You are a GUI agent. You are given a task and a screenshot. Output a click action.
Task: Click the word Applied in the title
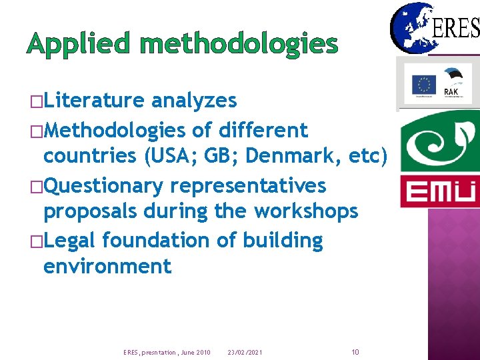pyautogui.click(x=79, y=45)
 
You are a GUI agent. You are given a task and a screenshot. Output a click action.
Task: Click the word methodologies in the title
pyautogui.click(x=239, y=45)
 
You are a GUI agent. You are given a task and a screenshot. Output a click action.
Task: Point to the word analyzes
pyautogui.click(x=194, y=101)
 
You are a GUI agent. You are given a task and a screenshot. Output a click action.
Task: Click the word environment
pyautogui.click(x=107, y=267)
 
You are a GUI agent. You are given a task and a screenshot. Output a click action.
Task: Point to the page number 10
pyautogui.click(x=355, y=351)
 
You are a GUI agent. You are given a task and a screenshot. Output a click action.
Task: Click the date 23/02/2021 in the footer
pyautogui.click(x=245, y=352)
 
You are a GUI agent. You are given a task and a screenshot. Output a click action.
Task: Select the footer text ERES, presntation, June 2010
pyautogui.click(x=167, y=352)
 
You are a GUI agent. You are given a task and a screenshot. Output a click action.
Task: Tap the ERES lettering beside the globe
pyautogui.click(x=457, y=28)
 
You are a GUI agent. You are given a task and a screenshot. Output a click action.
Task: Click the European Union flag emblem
pyautogui.click(x=423, y=85)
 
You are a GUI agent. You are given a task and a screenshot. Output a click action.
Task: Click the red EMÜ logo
pyautogui.click(x=438, y=191)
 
